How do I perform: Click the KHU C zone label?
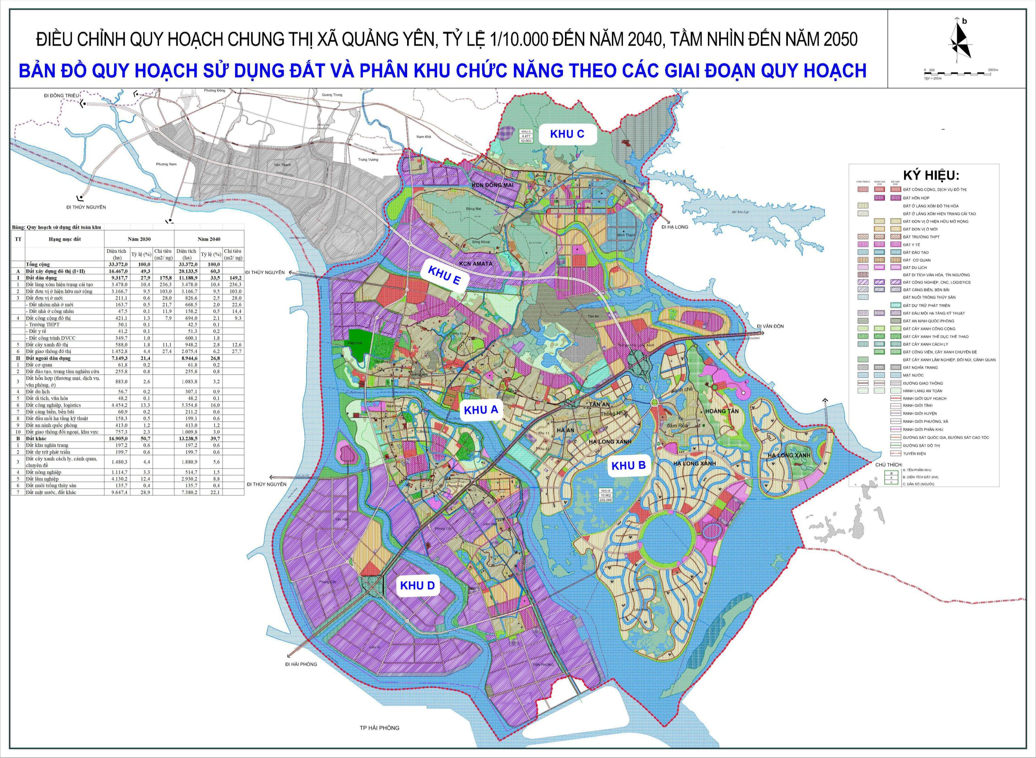[567, 134]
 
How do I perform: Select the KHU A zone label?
[481, 410]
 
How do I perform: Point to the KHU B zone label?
[628, 465]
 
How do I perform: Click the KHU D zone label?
[417, 585]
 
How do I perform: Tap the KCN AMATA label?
[476, 264]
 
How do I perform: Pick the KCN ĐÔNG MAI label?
[492, 185]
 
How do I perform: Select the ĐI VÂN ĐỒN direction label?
[770, 326]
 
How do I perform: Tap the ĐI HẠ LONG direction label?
[675, 227]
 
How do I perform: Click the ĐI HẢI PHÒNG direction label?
[301, 664]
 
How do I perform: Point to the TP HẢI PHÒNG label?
[379, 728]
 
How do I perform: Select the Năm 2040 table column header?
[209, 239]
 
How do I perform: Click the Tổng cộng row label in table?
[38, 264]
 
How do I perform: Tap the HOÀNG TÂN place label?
[722, 411]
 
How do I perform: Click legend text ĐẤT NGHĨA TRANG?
[920, 368]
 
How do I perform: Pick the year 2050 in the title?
[841, 40]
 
